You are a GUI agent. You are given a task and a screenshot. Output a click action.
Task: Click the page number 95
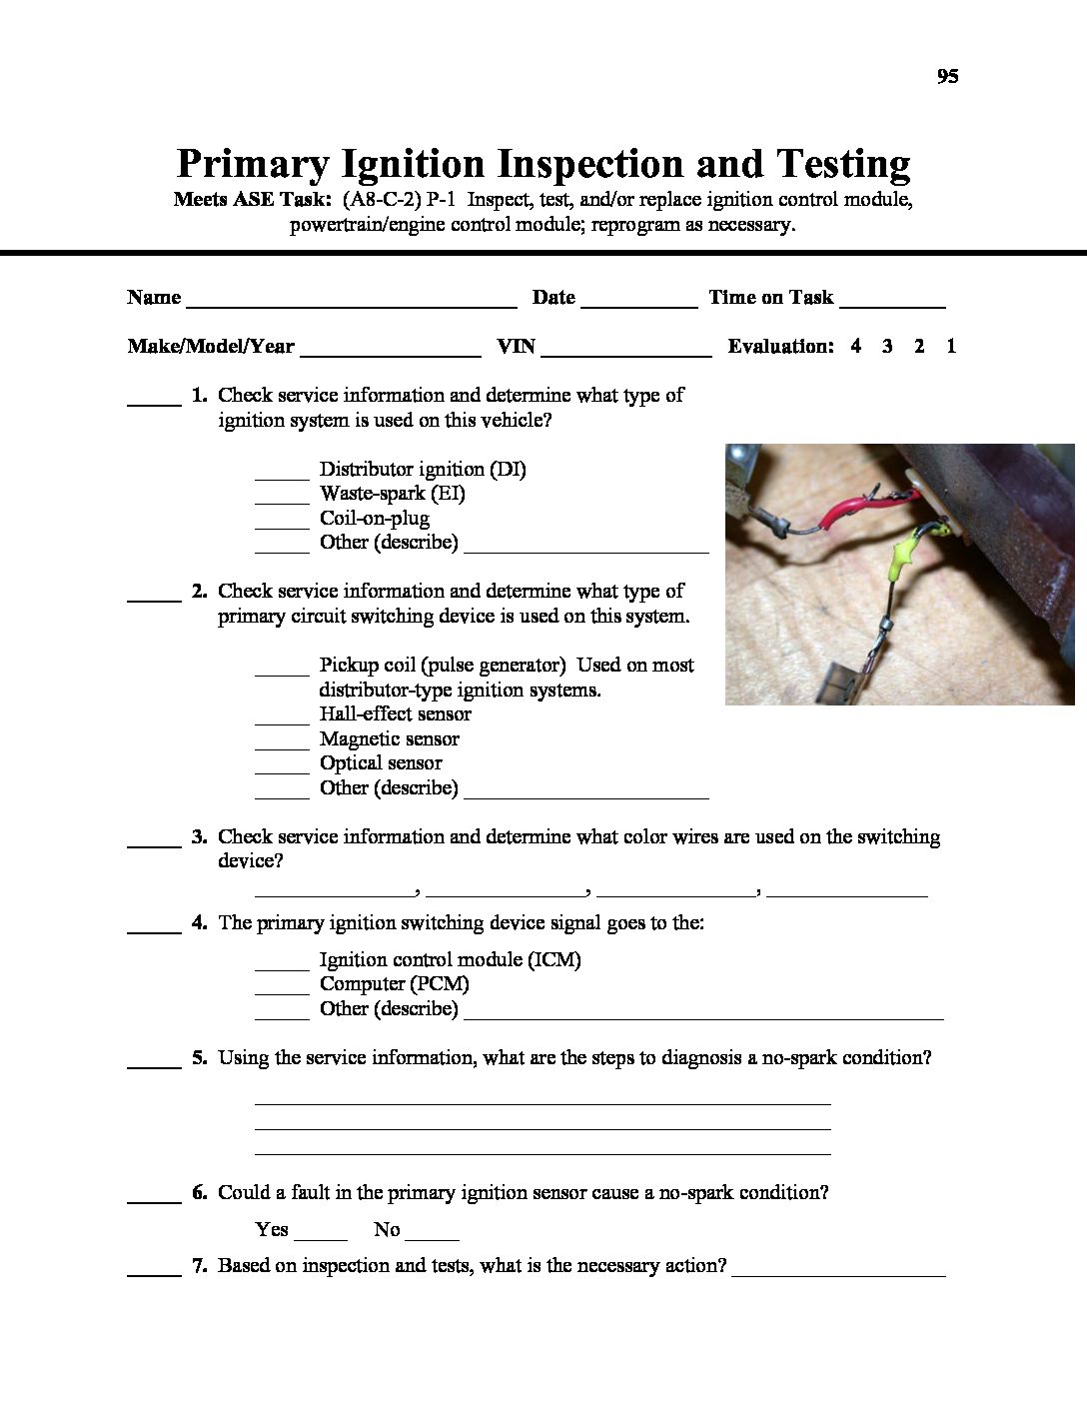tap(947, 77)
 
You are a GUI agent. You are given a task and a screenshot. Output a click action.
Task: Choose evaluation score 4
tap(856, 347)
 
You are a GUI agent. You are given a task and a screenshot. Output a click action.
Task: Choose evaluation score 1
tap(951, 347)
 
